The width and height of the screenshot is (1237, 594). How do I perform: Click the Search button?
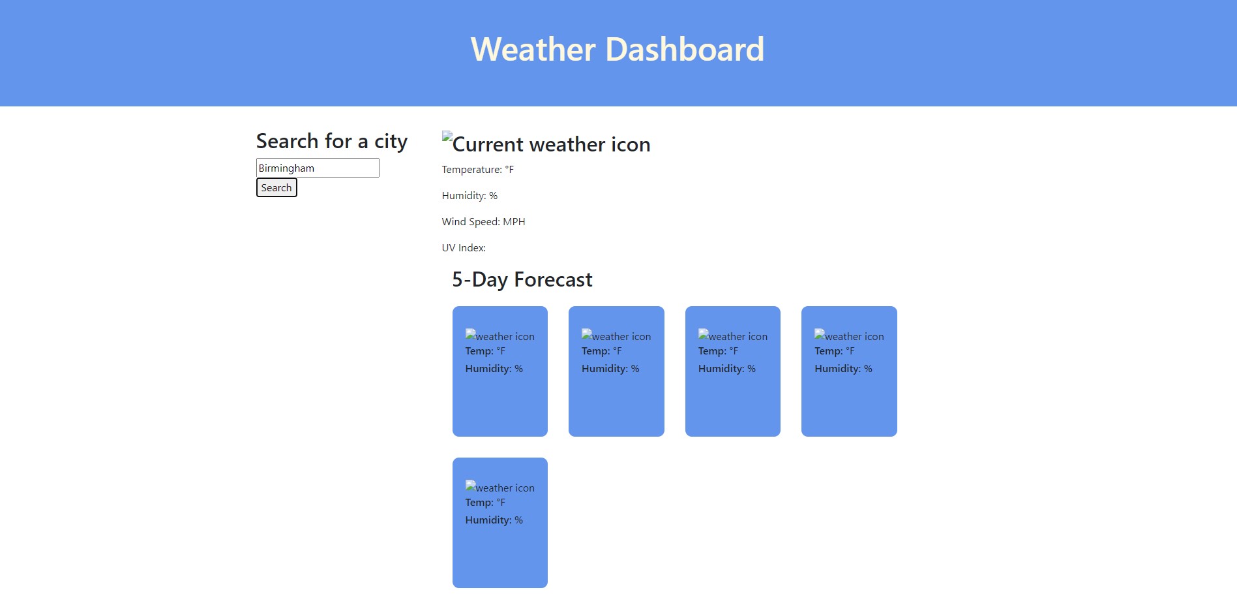click(x=276, y=188)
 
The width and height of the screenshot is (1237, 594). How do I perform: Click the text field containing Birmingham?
click(x=318, y=168)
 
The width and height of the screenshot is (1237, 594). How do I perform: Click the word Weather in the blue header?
click(x=533, y=50)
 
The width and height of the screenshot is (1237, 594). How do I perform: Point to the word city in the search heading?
click(x=391, y=142)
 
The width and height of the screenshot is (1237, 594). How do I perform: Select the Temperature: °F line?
click(x=477, y=170)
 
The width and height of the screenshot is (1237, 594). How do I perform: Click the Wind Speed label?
click(x=470, y=222)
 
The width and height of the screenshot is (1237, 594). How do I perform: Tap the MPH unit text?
click(x=514, y=222)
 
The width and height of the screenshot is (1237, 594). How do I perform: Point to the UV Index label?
click(x=464, y=248)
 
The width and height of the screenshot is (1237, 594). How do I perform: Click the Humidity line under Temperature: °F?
click(x=469, y=196)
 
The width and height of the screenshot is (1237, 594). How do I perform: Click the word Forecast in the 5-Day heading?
click(x=553, y=280)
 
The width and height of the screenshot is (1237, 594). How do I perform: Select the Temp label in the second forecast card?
click(x=595, y=351)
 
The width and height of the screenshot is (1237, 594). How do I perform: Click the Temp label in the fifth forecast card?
click(x=479, y=503)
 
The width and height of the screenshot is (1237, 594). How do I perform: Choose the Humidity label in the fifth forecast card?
click(x=488, y=520)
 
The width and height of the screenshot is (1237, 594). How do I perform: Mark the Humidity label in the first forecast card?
click(x=488, y=369)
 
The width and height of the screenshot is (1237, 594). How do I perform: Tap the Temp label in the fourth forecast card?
click(x=828, y=351)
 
